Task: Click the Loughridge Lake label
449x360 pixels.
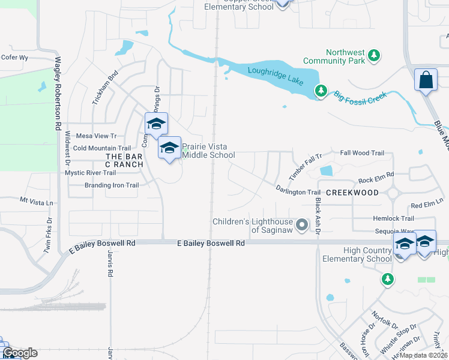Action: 276,77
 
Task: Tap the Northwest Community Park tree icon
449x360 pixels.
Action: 374,56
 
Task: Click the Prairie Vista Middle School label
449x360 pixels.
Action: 208,150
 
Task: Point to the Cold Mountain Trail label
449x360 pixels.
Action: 101,148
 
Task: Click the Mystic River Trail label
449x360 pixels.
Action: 90,173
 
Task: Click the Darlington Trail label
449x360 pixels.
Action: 298,192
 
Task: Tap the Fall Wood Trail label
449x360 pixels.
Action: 362,153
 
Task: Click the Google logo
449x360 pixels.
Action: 20,353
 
